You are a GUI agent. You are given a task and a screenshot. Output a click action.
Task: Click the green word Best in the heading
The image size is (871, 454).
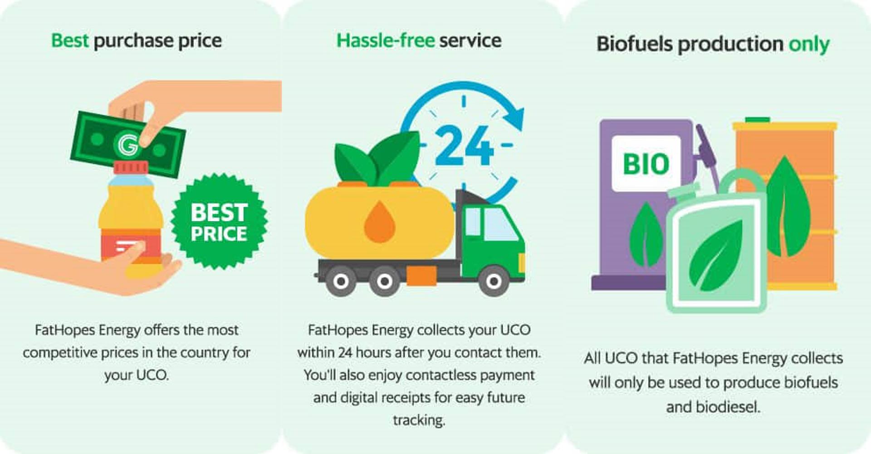coord(69,40)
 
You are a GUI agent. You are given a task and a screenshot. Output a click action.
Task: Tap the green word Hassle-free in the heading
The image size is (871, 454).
coord(386,40)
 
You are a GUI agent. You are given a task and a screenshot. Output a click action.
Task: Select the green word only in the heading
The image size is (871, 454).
coord(809,44)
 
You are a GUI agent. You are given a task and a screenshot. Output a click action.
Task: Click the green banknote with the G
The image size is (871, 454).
coord(128,144)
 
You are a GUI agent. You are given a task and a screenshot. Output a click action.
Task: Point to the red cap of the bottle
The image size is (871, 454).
coord(131,168)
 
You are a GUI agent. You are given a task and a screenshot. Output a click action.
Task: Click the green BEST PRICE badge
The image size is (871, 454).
coord(219,222)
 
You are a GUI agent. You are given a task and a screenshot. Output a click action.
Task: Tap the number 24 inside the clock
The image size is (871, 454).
coord(464,145)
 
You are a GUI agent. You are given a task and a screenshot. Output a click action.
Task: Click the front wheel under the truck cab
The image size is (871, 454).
coord(494,281)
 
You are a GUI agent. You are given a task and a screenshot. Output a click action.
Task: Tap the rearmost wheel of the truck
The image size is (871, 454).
coord(341,281)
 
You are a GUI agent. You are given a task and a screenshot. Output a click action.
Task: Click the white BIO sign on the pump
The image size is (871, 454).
coord(646,163)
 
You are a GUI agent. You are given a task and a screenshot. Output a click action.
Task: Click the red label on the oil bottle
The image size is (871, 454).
coord(131,247)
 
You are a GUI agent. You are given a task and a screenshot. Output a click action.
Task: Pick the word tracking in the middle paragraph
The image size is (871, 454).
coord(419,420)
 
